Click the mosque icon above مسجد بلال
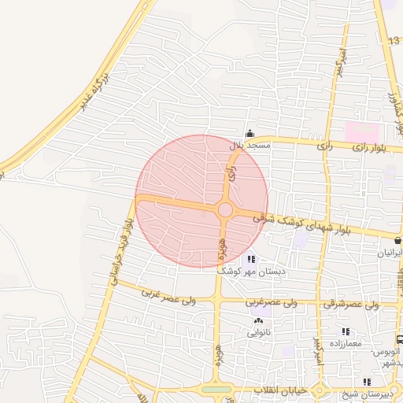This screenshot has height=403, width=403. click(250, 134)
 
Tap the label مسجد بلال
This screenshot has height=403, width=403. click(250, 146)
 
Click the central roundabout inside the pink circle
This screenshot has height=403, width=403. click(225, 210)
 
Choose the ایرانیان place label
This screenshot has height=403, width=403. click(391, 253)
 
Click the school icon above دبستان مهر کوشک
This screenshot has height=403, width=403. click(250, 258)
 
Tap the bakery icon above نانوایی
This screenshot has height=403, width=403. click(258, 320)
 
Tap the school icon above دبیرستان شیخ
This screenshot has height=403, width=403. click(367, 382)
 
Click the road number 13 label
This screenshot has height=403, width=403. click(394, 40)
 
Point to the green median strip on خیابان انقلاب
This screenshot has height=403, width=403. click(216, 389)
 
